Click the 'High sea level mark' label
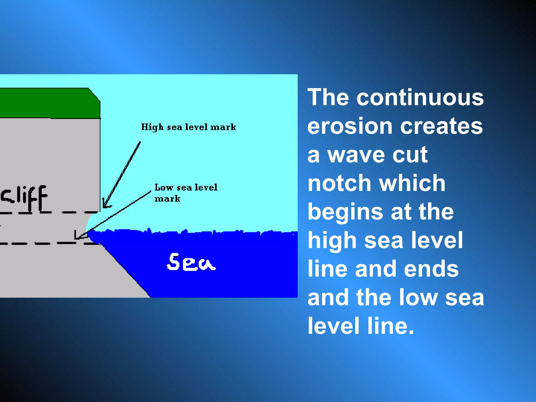click(x=188, y=127)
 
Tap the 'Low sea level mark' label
click(x=186, y=193)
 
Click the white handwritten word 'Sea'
click(x=191, y=262)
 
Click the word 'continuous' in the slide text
click(x=420, y=97)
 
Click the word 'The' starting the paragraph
click(x=328, y=97)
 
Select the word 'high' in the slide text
click(x=332, y=241)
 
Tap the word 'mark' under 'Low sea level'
click(x=167, y=199)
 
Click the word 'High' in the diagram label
click(x=152, y=127)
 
